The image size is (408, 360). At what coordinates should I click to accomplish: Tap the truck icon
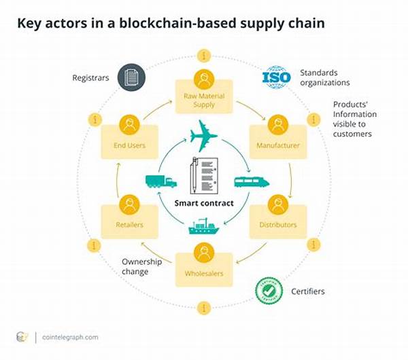point(160,181)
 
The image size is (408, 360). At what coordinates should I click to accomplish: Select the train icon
point(251,181)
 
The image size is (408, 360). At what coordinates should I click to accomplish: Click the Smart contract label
point(204,202)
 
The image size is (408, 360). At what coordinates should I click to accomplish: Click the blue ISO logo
point(276,77)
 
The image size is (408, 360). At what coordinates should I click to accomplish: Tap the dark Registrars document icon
point(131,77)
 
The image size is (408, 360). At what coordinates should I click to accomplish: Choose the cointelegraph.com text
point(69,337)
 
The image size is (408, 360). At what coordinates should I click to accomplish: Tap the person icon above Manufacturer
point(277,125)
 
